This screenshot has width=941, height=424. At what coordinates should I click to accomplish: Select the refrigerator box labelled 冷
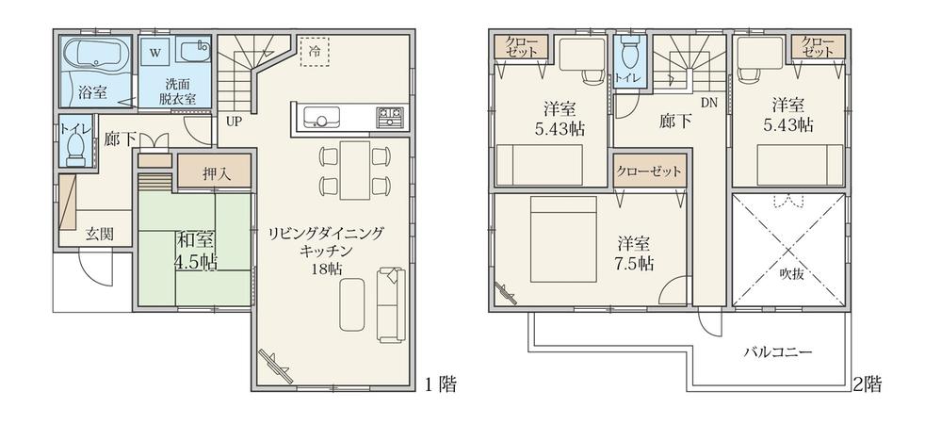(x=313, y=50)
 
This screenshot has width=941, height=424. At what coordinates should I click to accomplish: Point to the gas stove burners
(x=390, y=118)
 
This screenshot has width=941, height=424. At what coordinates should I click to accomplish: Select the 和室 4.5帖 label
(x=195, y=250)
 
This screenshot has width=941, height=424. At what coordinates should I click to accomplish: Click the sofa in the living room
(x=391, y=302)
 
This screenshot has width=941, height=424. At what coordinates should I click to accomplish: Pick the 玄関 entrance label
(x=100, y=232)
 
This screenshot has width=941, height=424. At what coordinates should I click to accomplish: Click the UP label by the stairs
(x=232, y=121)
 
